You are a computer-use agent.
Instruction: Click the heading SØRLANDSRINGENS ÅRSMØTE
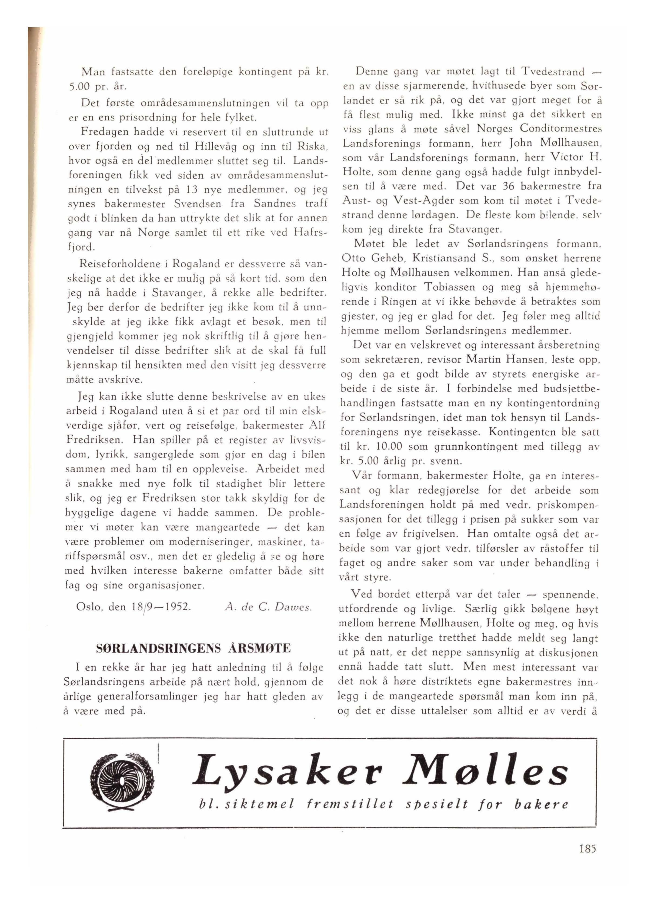[193, 648]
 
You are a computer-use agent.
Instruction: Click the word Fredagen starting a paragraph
[103, 132]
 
